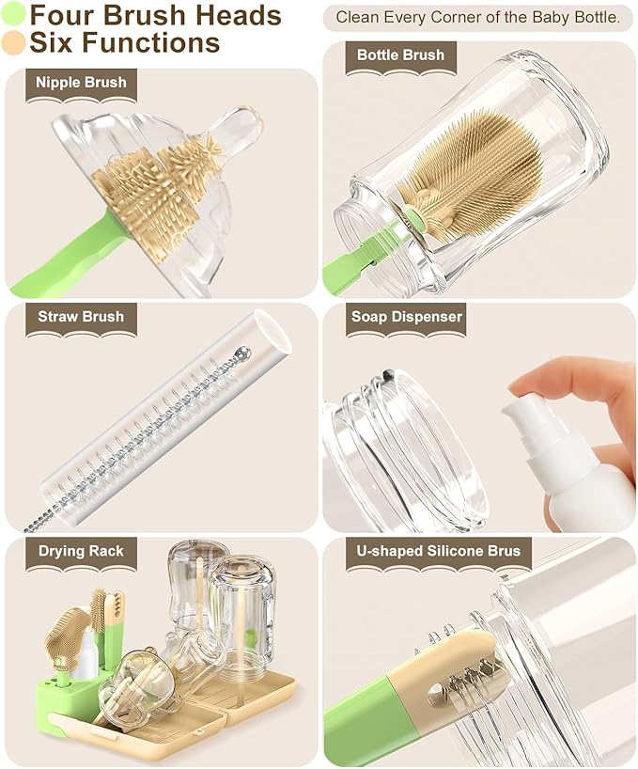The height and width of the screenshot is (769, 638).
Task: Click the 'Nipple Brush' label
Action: (81, 83)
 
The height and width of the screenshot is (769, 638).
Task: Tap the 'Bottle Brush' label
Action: (400, 55)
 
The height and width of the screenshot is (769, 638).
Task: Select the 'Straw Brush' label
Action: (81, 317)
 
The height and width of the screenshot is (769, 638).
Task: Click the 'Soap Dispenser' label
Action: (407, 317)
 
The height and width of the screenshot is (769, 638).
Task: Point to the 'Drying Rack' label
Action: (81, 551)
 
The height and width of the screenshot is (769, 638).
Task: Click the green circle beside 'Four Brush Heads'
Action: (14, 15)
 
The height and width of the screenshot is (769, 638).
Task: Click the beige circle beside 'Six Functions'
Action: (14, 42)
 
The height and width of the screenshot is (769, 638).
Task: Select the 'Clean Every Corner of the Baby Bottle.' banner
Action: (477, 17)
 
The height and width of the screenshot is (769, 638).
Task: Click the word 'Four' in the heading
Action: (63, 15)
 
